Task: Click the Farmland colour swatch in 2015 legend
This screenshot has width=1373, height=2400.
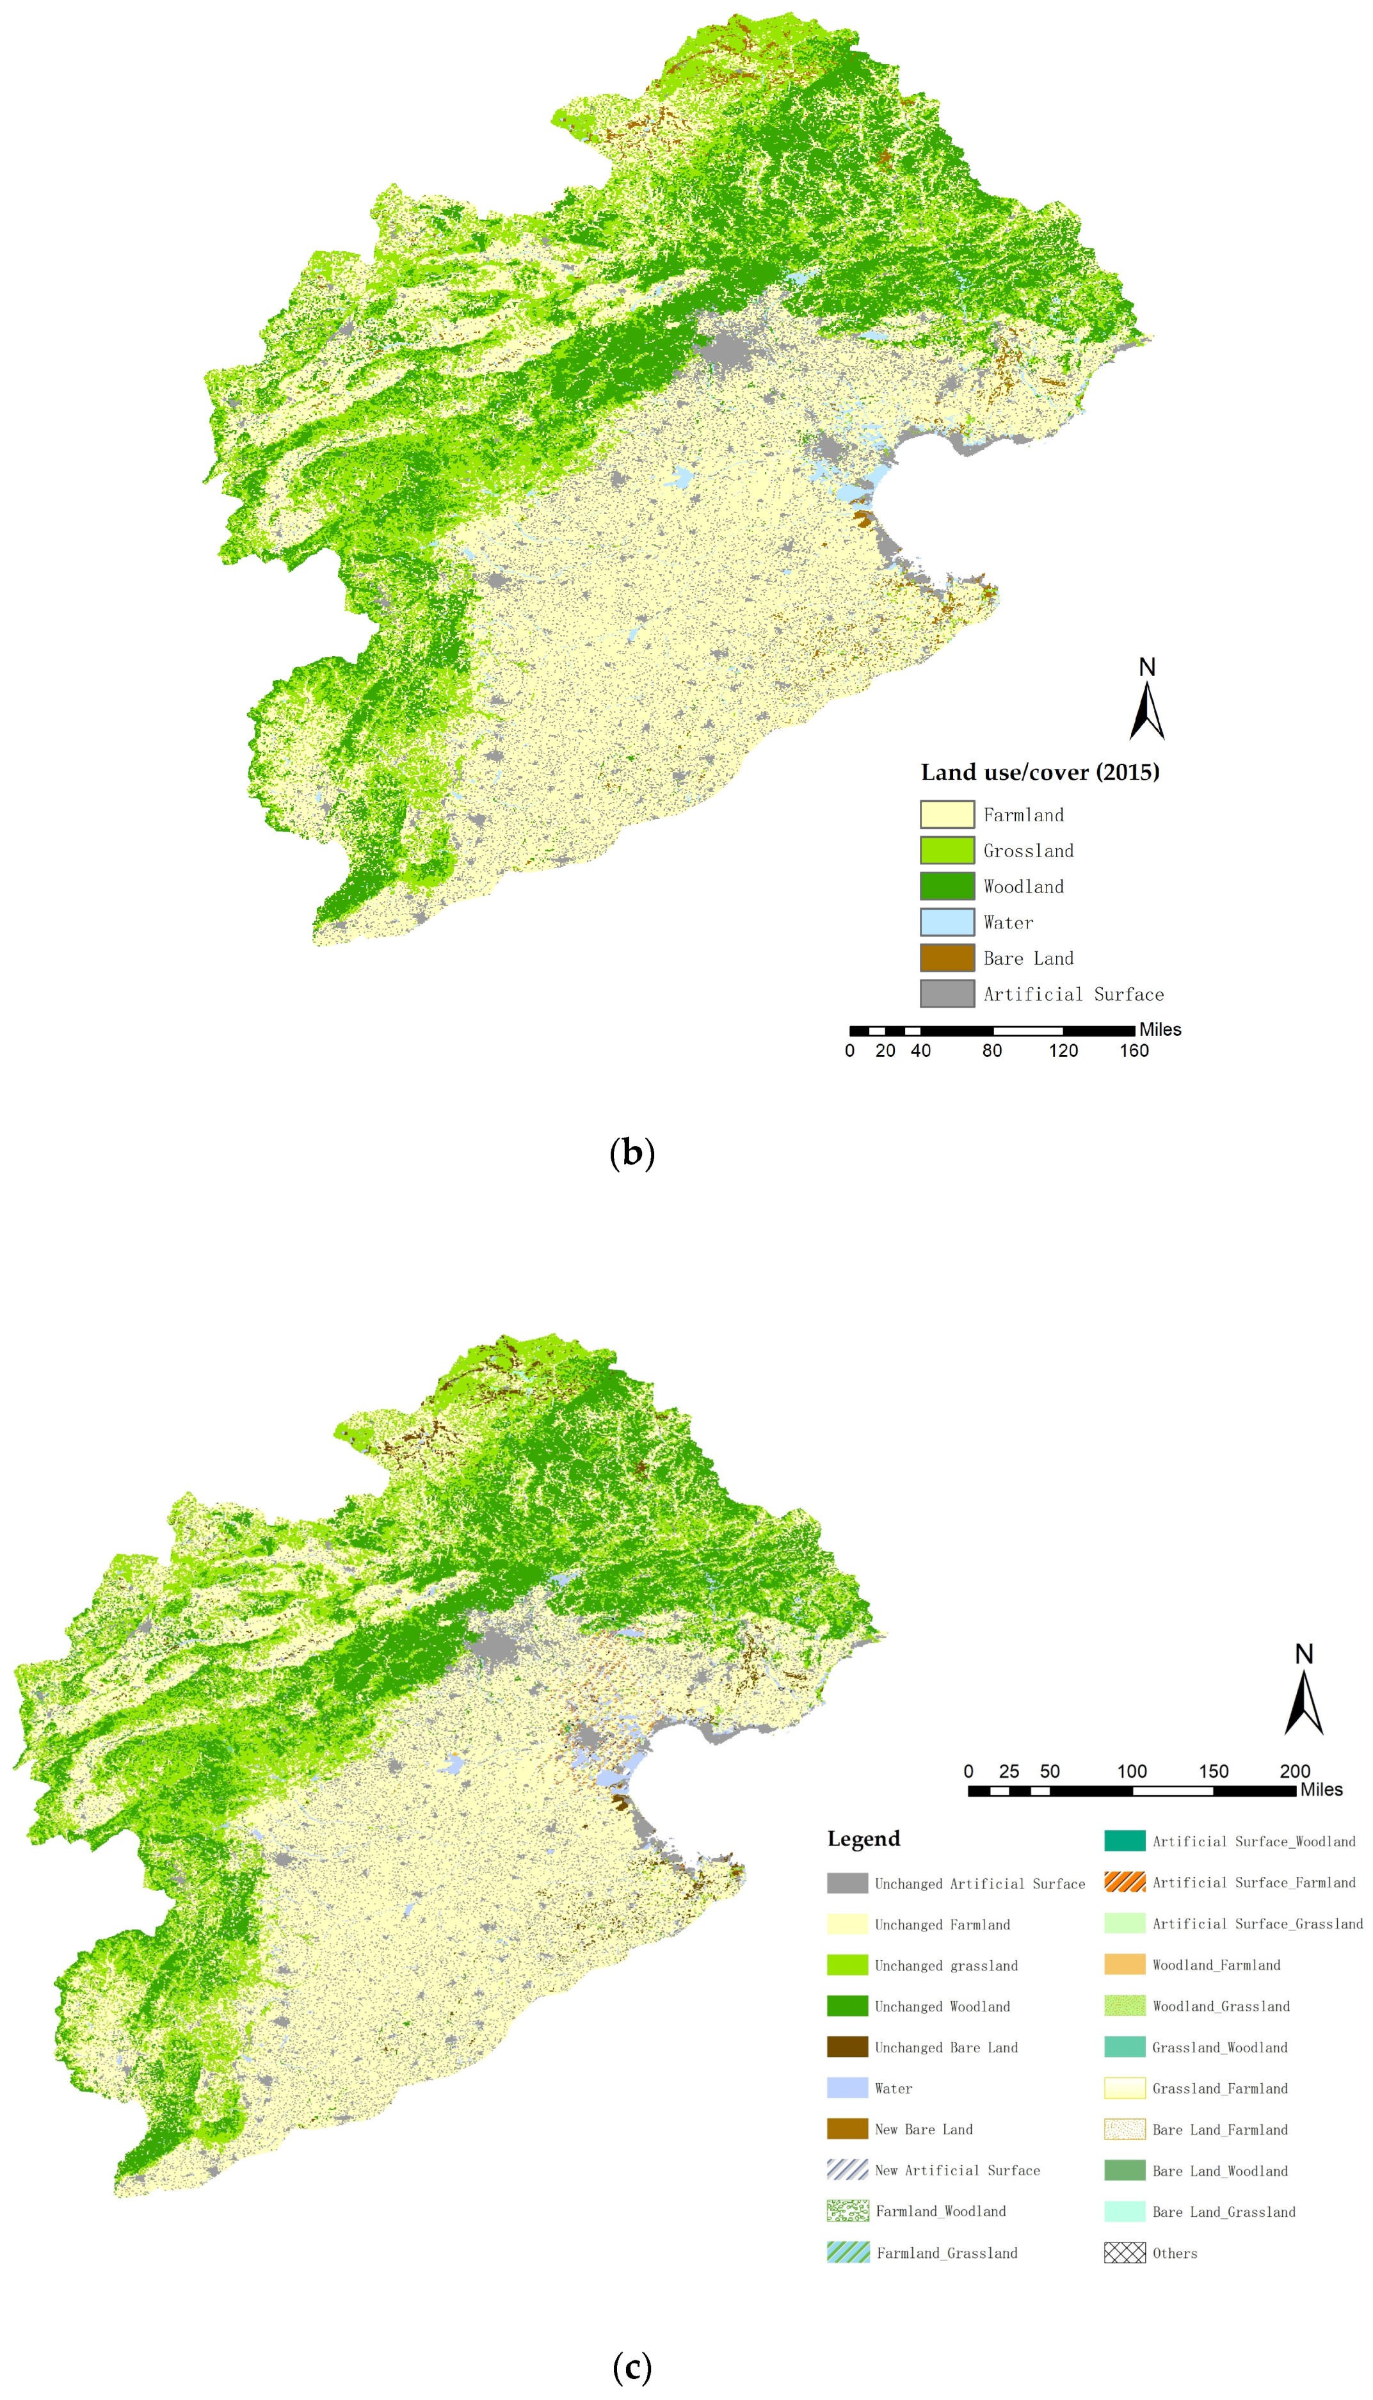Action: coord(947,814)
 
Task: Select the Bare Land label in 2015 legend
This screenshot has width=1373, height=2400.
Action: coord(1028,958)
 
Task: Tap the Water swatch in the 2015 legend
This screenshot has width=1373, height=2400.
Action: coord(947,921)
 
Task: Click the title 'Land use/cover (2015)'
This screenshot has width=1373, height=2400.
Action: coord(1039,772)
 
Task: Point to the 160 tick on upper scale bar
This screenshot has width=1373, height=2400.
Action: coord(1134,1051)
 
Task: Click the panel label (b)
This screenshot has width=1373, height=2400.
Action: coord(632,1152)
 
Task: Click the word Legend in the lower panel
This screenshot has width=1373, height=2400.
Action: coord(863,1838)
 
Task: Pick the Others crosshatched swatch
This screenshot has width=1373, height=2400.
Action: coord(1124,2252)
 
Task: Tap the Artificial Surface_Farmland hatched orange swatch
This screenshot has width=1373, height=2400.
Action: coord(1124,1881)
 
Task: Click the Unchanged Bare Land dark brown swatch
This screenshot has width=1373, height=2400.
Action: coord(847,2047)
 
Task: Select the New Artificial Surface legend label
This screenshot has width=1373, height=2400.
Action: coord(956,2170)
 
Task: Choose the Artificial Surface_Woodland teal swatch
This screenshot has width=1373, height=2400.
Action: coord(1124,1840)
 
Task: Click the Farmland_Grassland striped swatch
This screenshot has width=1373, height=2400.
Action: coord(847,2252)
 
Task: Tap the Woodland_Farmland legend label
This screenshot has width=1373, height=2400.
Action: coord(1216,1964)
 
